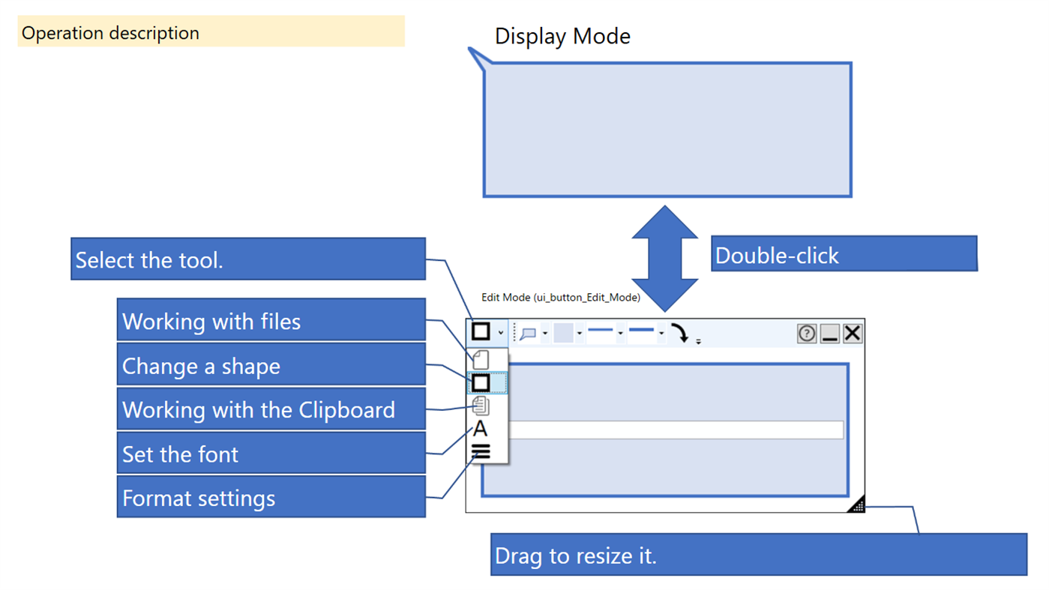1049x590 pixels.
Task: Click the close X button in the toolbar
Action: click(853, 334)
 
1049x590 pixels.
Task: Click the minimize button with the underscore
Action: click(829, 334)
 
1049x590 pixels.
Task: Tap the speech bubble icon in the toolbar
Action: click(528, 334)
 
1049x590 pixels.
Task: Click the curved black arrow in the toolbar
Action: click(680, 333)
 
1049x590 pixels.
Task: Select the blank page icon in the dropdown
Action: click(481, 360)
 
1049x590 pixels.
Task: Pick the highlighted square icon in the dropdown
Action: click(481, 383)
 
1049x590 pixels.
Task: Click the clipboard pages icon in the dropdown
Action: click(481, 406)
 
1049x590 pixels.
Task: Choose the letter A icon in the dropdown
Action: click(480, 430)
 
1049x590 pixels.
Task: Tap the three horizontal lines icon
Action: click(481, 451)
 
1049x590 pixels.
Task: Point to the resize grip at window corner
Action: click(857, 505)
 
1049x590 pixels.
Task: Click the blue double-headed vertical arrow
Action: click(665, 259)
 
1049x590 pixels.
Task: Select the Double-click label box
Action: click(844, 254)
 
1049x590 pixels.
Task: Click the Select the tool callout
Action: click(248, 259)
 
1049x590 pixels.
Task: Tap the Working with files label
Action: click(271, 321)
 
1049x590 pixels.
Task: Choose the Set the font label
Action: click(271, 454)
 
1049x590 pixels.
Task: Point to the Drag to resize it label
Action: click(758, 556)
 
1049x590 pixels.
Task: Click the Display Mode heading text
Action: click(562, 36)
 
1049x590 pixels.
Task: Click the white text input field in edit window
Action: click(675, 430)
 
